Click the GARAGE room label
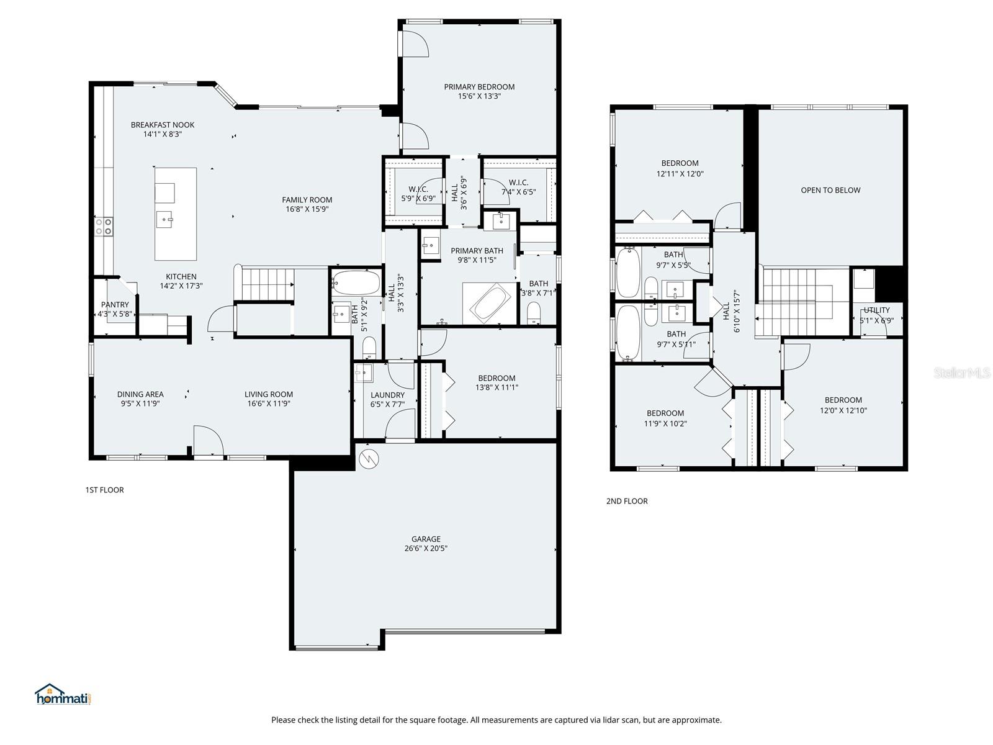pos(426,539)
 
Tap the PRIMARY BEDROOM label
pos(479,87)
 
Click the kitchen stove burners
pos(104,226)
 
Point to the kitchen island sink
pos(164,219)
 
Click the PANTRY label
pos(115,304)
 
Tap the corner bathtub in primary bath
pos(490,302)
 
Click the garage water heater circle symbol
pos(369,459)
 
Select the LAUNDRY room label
pos(387,395)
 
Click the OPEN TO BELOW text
pos(830,190)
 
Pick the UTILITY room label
pos(876,310)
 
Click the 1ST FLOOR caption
pos(104,490)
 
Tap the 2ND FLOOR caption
pos(627,501)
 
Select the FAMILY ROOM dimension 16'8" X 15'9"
pos(307,209)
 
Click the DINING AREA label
pos(140,394)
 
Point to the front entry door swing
pos(209,440)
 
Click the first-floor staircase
pos(267,284)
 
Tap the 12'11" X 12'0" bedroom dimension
pos(680,174)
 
